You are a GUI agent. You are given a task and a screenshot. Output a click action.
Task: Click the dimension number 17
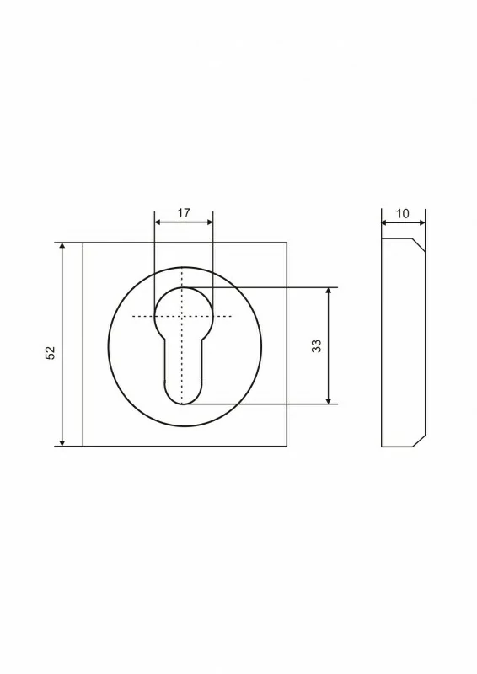click(x=184, y=213)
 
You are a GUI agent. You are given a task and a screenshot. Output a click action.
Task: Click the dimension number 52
click(x=51, y=352)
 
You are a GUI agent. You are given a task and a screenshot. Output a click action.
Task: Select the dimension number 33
click(x=316, y=345)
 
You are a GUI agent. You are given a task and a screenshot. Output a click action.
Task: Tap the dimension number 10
click(x=403, y=214)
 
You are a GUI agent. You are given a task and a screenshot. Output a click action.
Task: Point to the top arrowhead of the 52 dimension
click(x=62, y=246)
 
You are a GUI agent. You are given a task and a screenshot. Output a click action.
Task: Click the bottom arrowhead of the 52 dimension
click(x=62, y=443)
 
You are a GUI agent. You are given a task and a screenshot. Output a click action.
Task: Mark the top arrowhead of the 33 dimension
click(x=329, y=291)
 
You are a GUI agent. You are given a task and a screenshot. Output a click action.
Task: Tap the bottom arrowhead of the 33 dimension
click(x=329, y=401)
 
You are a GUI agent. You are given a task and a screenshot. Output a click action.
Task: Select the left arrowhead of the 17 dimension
click(x=158, y=222)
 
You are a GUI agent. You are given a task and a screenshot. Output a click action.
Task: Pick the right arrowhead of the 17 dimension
click(x=210, y=222)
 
